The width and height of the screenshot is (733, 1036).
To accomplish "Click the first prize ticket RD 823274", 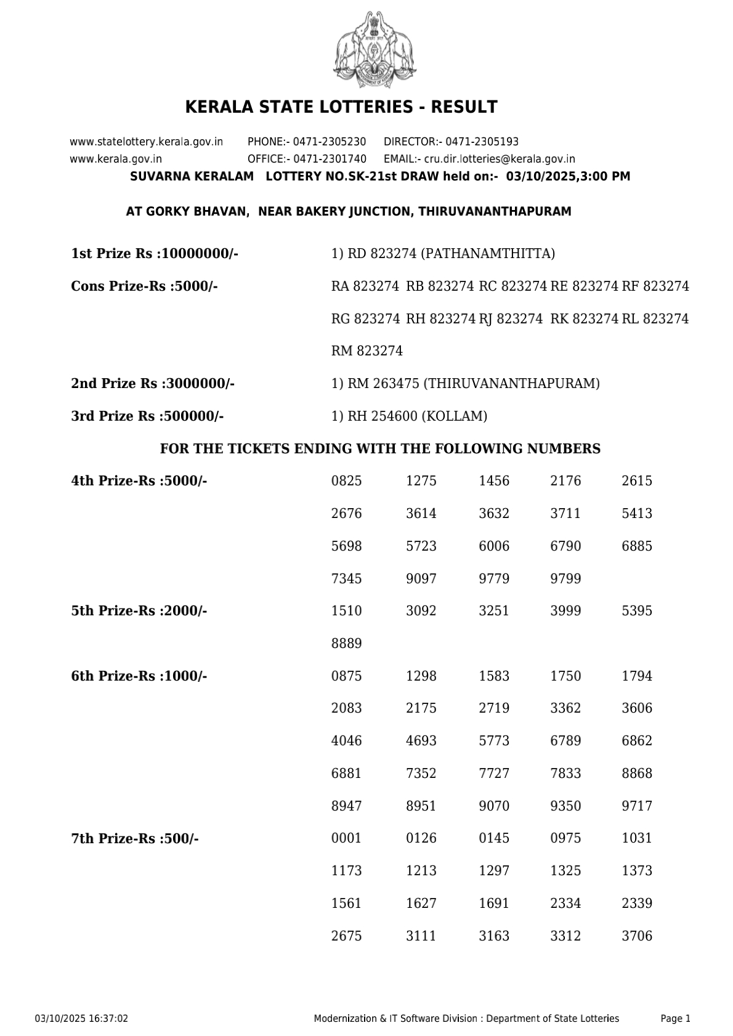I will coord(382,254).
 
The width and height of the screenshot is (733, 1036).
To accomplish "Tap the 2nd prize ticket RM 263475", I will coord(383,384).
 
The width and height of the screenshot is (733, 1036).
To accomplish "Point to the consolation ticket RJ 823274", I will coord(511,319).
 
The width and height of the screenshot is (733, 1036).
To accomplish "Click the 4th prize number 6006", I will coord(494,546).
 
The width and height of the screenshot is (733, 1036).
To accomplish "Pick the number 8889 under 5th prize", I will coord(346,644).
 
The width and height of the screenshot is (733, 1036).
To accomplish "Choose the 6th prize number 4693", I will coord(421,741).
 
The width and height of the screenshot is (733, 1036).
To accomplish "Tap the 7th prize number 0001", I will coord(346,838).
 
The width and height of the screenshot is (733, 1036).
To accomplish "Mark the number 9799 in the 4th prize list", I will coord(565,579).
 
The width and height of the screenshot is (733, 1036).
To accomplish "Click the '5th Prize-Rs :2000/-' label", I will coord(139,611).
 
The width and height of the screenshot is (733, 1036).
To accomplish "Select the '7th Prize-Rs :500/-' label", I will coord(135,839).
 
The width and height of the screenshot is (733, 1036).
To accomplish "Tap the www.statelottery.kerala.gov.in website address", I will coord(147,142).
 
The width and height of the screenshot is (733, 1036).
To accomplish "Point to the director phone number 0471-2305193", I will coord(482,142).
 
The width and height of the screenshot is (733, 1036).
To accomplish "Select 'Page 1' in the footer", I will coord(675,1019).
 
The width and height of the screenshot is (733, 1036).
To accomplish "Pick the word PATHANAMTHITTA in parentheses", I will coord(488,254).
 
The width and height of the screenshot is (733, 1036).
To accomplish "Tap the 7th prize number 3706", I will coord(637,936).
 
